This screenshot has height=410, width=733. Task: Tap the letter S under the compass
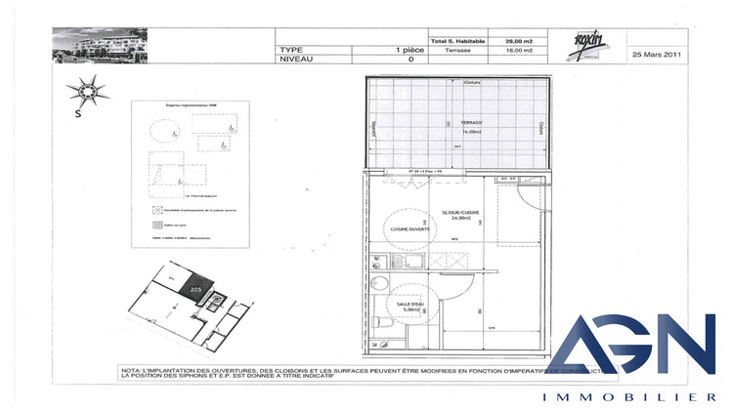click(77, 113)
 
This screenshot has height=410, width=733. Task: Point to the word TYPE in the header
click(291, 49)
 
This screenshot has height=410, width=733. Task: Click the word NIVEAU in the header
click(296, 59)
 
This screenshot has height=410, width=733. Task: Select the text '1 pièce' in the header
click(410, 49)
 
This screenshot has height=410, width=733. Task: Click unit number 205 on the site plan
click(195, 290)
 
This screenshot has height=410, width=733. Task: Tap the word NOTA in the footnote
click(132, 370)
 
